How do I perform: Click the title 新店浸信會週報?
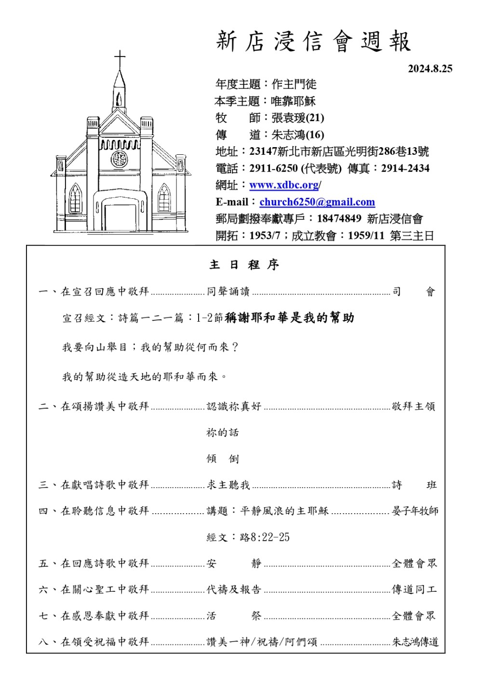point(313,41)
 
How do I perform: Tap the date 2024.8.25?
point(430,68)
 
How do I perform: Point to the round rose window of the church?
point(119,159)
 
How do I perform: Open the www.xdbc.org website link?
point(284,185)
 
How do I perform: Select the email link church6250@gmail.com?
point(317,202)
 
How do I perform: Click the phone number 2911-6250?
point(273,168)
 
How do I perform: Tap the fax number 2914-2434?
point(405,168)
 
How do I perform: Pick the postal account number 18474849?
point(339,218)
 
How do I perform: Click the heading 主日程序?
point(244,265)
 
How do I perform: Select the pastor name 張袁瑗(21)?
point(297,118)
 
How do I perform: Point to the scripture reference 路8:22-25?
point(265,537)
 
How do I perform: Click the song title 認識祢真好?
point(234,407)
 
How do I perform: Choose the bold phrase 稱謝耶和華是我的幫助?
point(289,318)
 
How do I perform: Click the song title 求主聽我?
point(228,485)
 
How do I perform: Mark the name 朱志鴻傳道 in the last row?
point(415,642)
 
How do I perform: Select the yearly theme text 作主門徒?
point(294,84)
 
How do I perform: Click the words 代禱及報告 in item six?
point(234,589)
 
